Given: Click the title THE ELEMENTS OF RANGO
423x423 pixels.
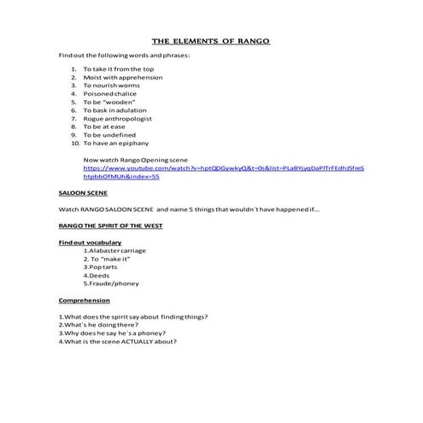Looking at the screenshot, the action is tap(211, 40).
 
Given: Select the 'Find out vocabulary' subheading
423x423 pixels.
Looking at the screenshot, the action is tap(90, 243).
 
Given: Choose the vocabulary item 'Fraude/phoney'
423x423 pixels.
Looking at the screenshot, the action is tap(110, 285).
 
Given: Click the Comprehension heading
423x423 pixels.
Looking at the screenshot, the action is tap(84, 301).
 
